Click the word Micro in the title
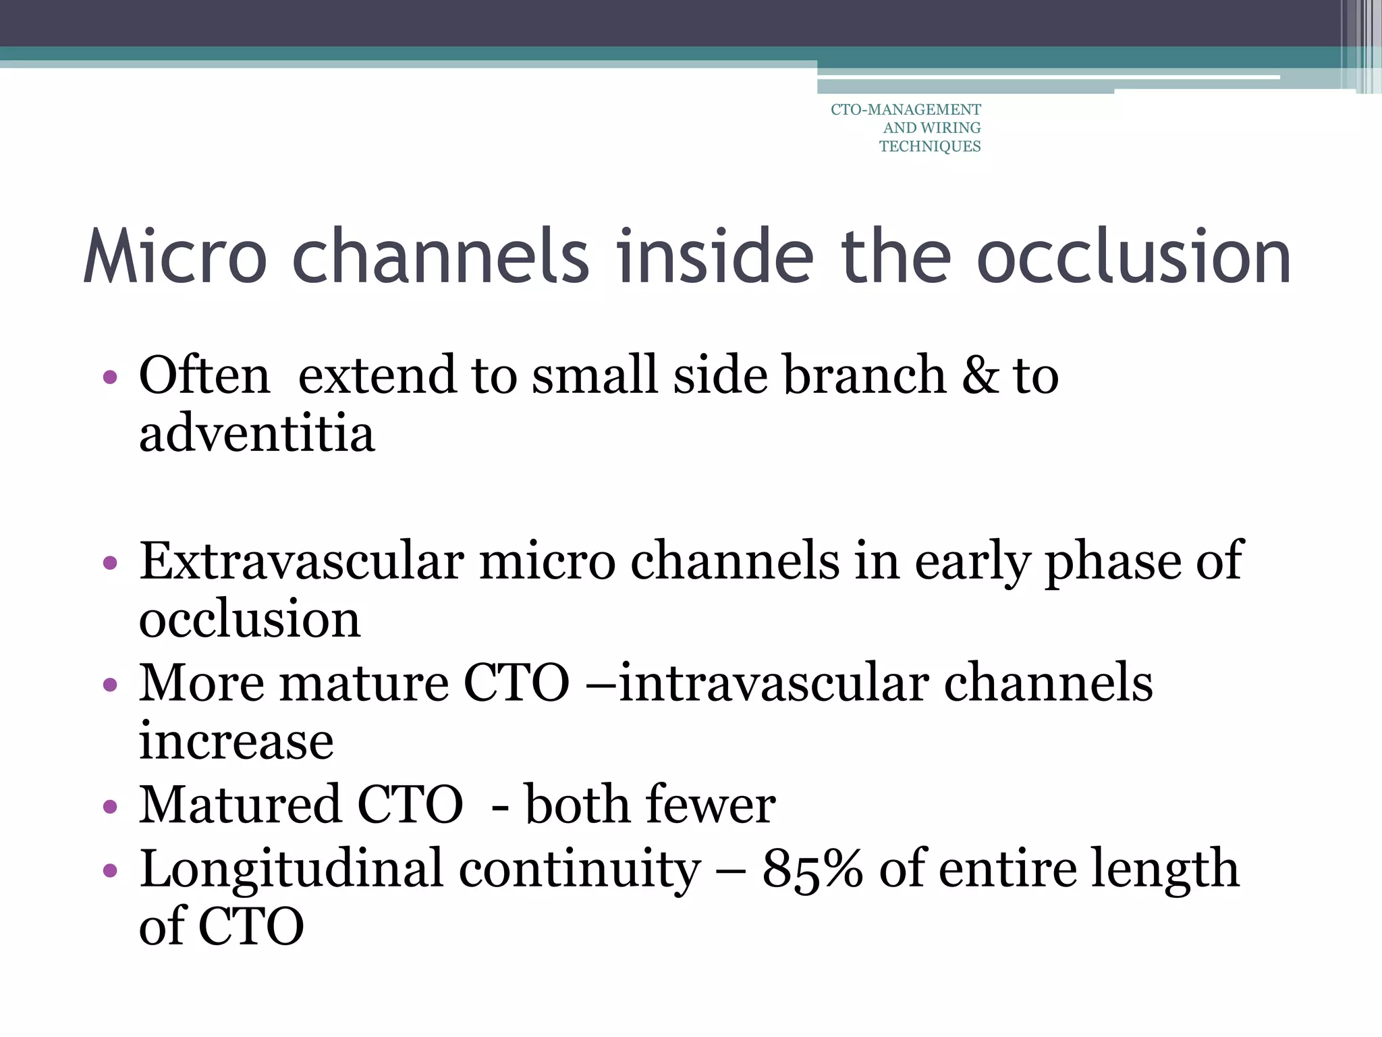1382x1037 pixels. pos(175,257)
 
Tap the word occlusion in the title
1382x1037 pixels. pos(1134,257)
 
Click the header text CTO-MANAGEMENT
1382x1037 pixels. pos(906,110)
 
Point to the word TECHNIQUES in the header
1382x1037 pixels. pos(930,147)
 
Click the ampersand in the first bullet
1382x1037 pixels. pos(980,375)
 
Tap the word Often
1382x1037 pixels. pos(204,375)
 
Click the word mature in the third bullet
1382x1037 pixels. pos(364,683)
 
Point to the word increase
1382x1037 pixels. pos(236,741)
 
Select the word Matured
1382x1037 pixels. pos(240,805)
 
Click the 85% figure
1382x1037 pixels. pos(812,869)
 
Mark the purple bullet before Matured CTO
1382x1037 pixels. pos(110,807)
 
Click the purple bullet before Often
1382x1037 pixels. pos(110,377)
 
